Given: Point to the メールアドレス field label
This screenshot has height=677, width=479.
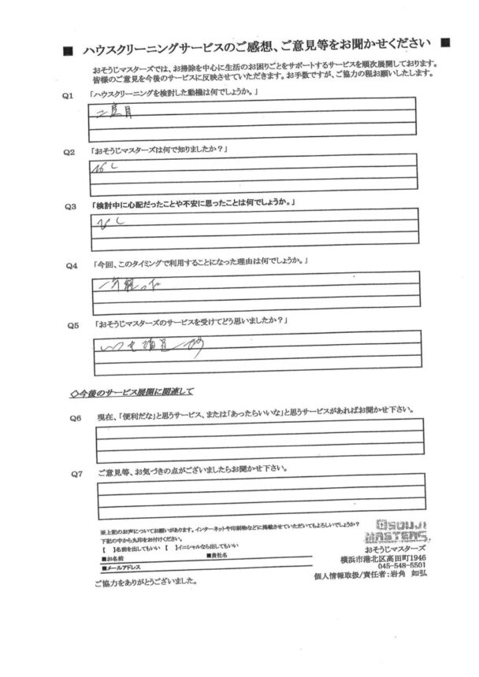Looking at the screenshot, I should [x=124, y=566].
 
